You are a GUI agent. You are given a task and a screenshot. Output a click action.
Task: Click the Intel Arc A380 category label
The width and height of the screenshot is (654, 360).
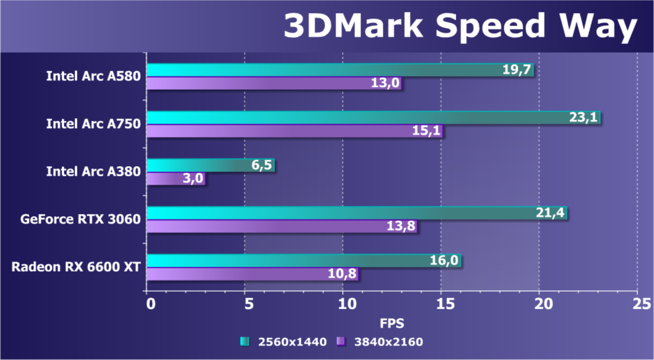tap(94, 172)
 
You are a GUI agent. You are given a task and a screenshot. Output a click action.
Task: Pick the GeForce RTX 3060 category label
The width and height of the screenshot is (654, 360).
tap(81, 219)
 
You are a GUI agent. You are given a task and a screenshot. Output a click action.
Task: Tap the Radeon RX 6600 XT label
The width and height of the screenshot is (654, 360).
tap(76, 267)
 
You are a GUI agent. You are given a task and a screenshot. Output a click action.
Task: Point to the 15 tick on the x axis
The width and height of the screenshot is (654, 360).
tap(441, 303)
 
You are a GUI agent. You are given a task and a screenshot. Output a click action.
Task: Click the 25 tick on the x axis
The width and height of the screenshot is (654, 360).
tap(637, 303)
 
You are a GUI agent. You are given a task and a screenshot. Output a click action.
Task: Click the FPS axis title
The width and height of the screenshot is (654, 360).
tap(392, 324)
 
